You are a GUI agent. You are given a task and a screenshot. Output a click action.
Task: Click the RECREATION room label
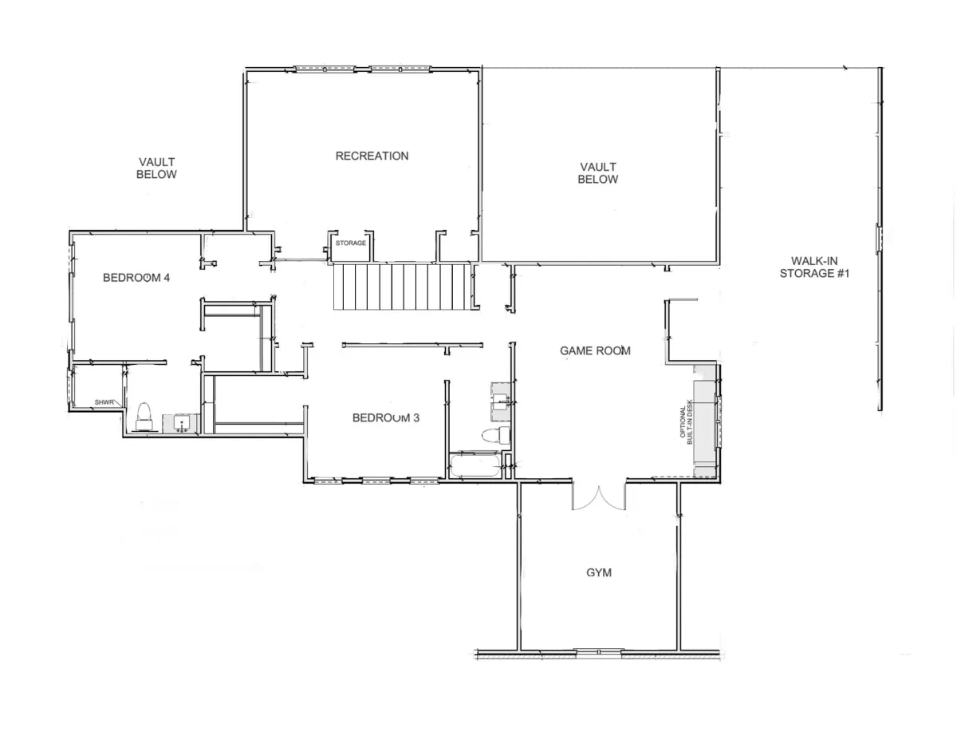tap(372, 156)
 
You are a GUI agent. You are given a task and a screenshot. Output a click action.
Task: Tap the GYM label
tap(598, 572)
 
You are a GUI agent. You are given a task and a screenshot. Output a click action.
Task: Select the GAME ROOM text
tap(595, 350)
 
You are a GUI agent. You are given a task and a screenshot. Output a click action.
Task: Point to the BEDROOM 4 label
tap(136, 277)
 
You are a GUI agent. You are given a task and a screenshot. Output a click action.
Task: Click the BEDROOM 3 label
tap(386, 417)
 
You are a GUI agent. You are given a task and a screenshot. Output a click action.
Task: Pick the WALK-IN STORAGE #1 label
tap(814, 267)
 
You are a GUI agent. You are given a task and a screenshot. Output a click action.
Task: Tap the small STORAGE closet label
tap(351, 243)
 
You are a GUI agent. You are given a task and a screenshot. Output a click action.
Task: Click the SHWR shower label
tap(104, 402)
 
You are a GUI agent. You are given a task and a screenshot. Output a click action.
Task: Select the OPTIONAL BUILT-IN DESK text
tap(686, 421)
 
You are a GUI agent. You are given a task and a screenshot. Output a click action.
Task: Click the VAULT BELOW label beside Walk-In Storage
tap(597, 172)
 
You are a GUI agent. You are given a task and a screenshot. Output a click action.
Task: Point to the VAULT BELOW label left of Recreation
tap(156, 168)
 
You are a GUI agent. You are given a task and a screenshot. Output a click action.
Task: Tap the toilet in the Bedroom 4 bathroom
tap(144, 417)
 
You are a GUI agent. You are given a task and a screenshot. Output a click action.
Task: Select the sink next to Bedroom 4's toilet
tap(182, 424)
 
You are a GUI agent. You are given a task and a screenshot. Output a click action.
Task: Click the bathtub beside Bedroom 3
tap(475, 465)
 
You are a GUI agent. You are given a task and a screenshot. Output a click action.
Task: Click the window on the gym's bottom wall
tap(598, 651)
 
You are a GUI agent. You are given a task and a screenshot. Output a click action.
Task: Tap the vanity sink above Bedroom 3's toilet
tap(501, 402)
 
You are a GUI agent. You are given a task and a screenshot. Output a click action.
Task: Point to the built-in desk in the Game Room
tap(705, 421)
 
